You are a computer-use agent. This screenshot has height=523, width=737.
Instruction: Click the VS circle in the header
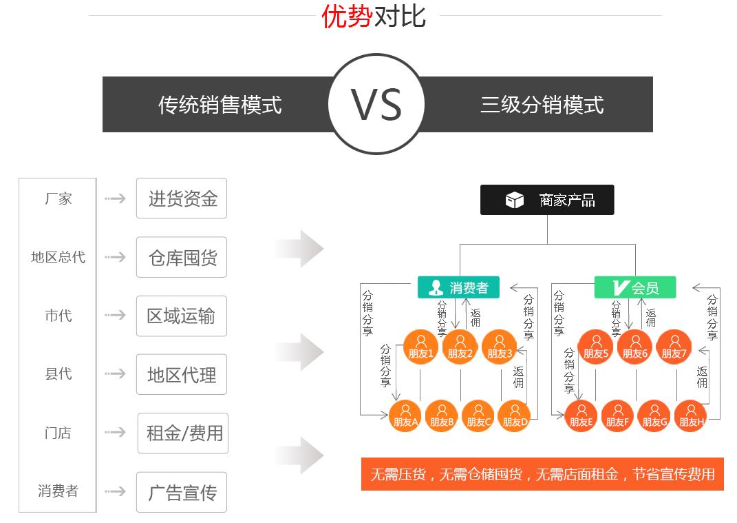[x=375, y=104]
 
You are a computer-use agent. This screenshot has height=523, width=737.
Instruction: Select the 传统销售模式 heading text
[x=220, y=105]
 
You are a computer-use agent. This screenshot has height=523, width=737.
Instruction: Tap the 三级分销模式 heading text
[x=542, y=105]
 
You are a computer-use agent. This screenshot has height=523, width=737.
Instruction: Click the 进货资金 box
[x=182, y=198]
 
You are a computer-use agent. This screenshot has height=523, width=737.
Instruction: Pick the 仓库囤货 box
[x=182, y=257]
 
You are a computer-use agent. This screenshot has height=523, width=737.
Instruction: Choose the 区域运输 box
[x=182, y=316]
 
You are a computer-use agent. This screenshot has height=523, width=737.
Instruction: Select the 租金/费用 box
[x=183, y=433]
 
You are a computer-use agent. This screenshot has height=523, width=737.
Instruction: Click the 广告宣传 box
[x=182, y=492]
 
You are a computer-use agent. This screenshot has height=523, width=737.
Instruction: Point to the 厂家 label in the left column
[x=58, y=198]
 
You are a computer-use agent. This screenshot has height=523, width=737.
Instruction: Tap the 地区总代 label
[x=58, y=257]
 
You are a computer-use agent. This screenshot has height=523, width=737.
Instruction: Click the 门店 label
[x=58, y=433]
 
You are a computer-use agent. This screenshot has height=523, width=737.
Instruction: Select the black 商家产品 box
[x=547, y=201]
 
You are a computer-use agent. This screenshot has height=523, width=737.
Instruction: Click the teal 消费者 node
[x=459, y=287]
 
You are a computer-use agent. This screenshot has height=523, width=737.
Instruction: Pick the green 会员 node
[x=635, y=287]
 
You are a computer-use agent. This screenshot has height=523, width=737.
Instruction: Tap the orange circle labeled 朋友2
[x=460, y=348]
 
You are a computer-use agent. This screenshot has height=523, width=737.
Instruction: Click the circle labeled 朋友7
[x=674, y=348]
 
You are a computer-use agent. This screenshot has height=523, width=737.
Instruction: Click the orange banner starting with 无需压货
[x=542, y=474]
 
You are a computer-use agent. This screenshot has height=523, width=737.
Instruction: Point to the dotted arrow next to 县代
[x=115, y=374]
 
